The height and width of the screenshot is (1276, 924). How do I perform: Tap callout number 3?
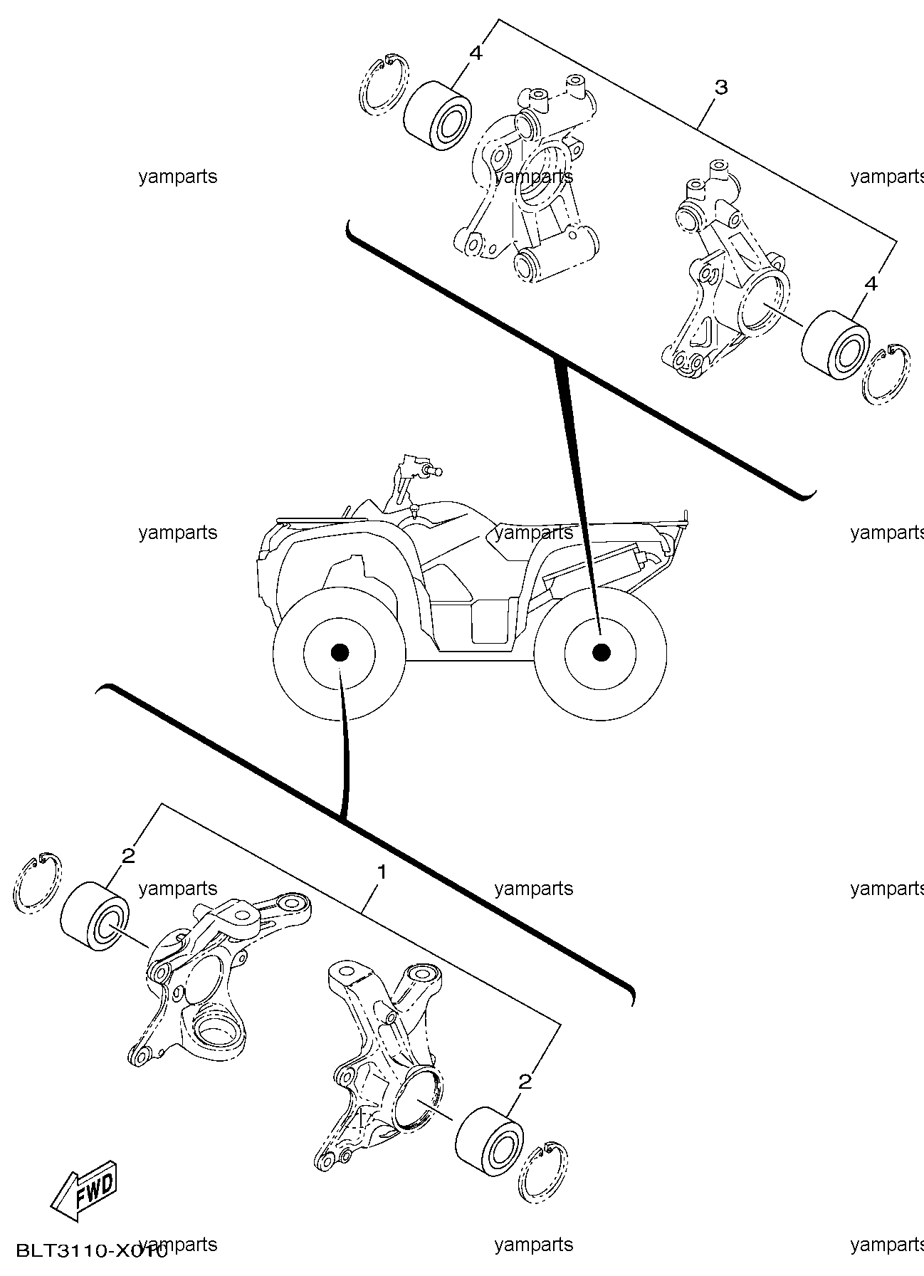coord(721,88)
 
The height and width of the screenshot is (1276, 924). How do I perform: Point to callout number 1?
coord(382,872)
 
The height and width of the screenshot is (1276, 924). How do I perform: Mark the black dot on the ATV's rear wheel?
coord(602,652)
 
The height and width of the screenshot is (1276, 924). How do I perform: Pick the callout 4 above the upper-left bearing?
coord(476,53)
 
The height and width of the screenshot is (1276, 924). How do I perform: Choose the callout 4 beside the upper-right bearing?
coord(870,283)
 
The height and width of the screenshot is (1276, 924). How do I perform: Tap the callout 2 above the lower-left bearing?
coord(128,856)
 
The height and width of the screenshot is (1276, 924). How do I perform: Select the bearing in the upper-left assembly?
coord(436,113)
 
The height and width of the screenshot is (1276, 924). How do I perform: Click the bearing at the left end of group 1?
coord(95,916)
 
